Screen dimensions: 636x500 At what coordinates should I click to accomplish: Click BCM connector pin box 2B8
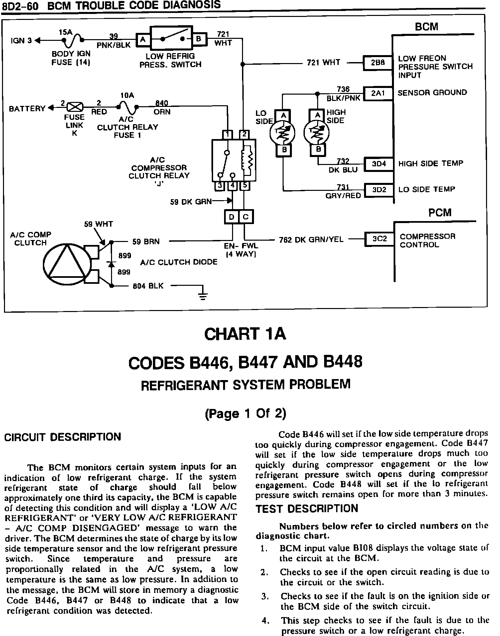377,63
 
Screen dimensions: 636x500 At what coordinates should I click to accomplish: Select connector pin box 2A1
378,93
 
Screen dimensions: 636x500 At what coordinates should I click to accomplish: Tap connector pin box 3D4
379,164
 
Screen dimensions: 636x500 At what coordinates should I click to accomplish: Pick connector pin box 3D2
379,190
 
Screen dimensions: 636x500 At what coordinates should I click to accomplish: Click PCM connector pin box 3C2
379,239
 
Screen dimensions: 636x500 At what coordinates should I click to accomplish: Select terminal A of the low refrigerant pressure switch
143,40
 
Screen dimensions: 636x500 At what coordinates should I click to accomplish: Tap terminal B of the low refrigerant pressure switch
199,39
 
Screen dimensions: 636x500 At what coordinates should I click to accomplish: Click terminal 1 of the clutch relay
228,134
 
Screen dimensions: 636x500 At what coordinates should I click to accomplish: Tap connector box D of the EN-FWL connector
232,217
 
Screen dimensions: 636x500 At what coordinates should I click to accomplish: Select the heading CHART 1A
245,334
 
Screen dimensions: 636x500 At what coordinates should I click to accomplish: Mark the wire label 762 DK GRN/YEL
311,240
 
